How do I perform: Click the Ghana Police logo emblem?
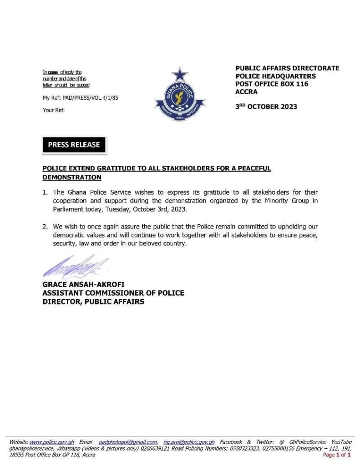(x=180, y=96)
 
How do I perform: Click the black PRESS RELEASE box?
(x=74, y=145)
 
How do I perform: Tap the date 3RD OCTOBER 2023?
(x=266, y=106)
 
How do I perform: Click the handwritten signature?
(x=75, y=267)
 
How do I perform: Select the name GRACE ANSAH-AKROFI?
(x=83, y=285)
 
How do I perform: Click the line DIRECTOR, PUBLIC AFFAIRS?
(x=93, y=302)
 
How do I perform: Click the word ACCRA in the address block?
(x=246, y=92)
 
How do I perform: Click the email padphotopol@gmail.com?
(x=128, y=442)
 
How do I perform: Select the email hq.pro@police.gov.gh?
(x=189, y=442)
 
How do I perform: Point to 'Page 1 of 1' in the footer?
(x=337, y=455)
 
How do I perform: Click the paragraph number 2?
(x=45, y=226)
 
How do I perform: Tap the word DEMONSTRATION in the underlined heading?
(x=72, y=177)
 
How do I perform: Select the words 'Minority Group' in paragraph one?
(x=288, y=201)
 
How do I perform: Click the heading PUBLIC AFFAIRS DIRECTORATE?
(x=287, y=68)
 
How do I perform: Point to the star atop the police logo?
(x=180, y=74)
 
